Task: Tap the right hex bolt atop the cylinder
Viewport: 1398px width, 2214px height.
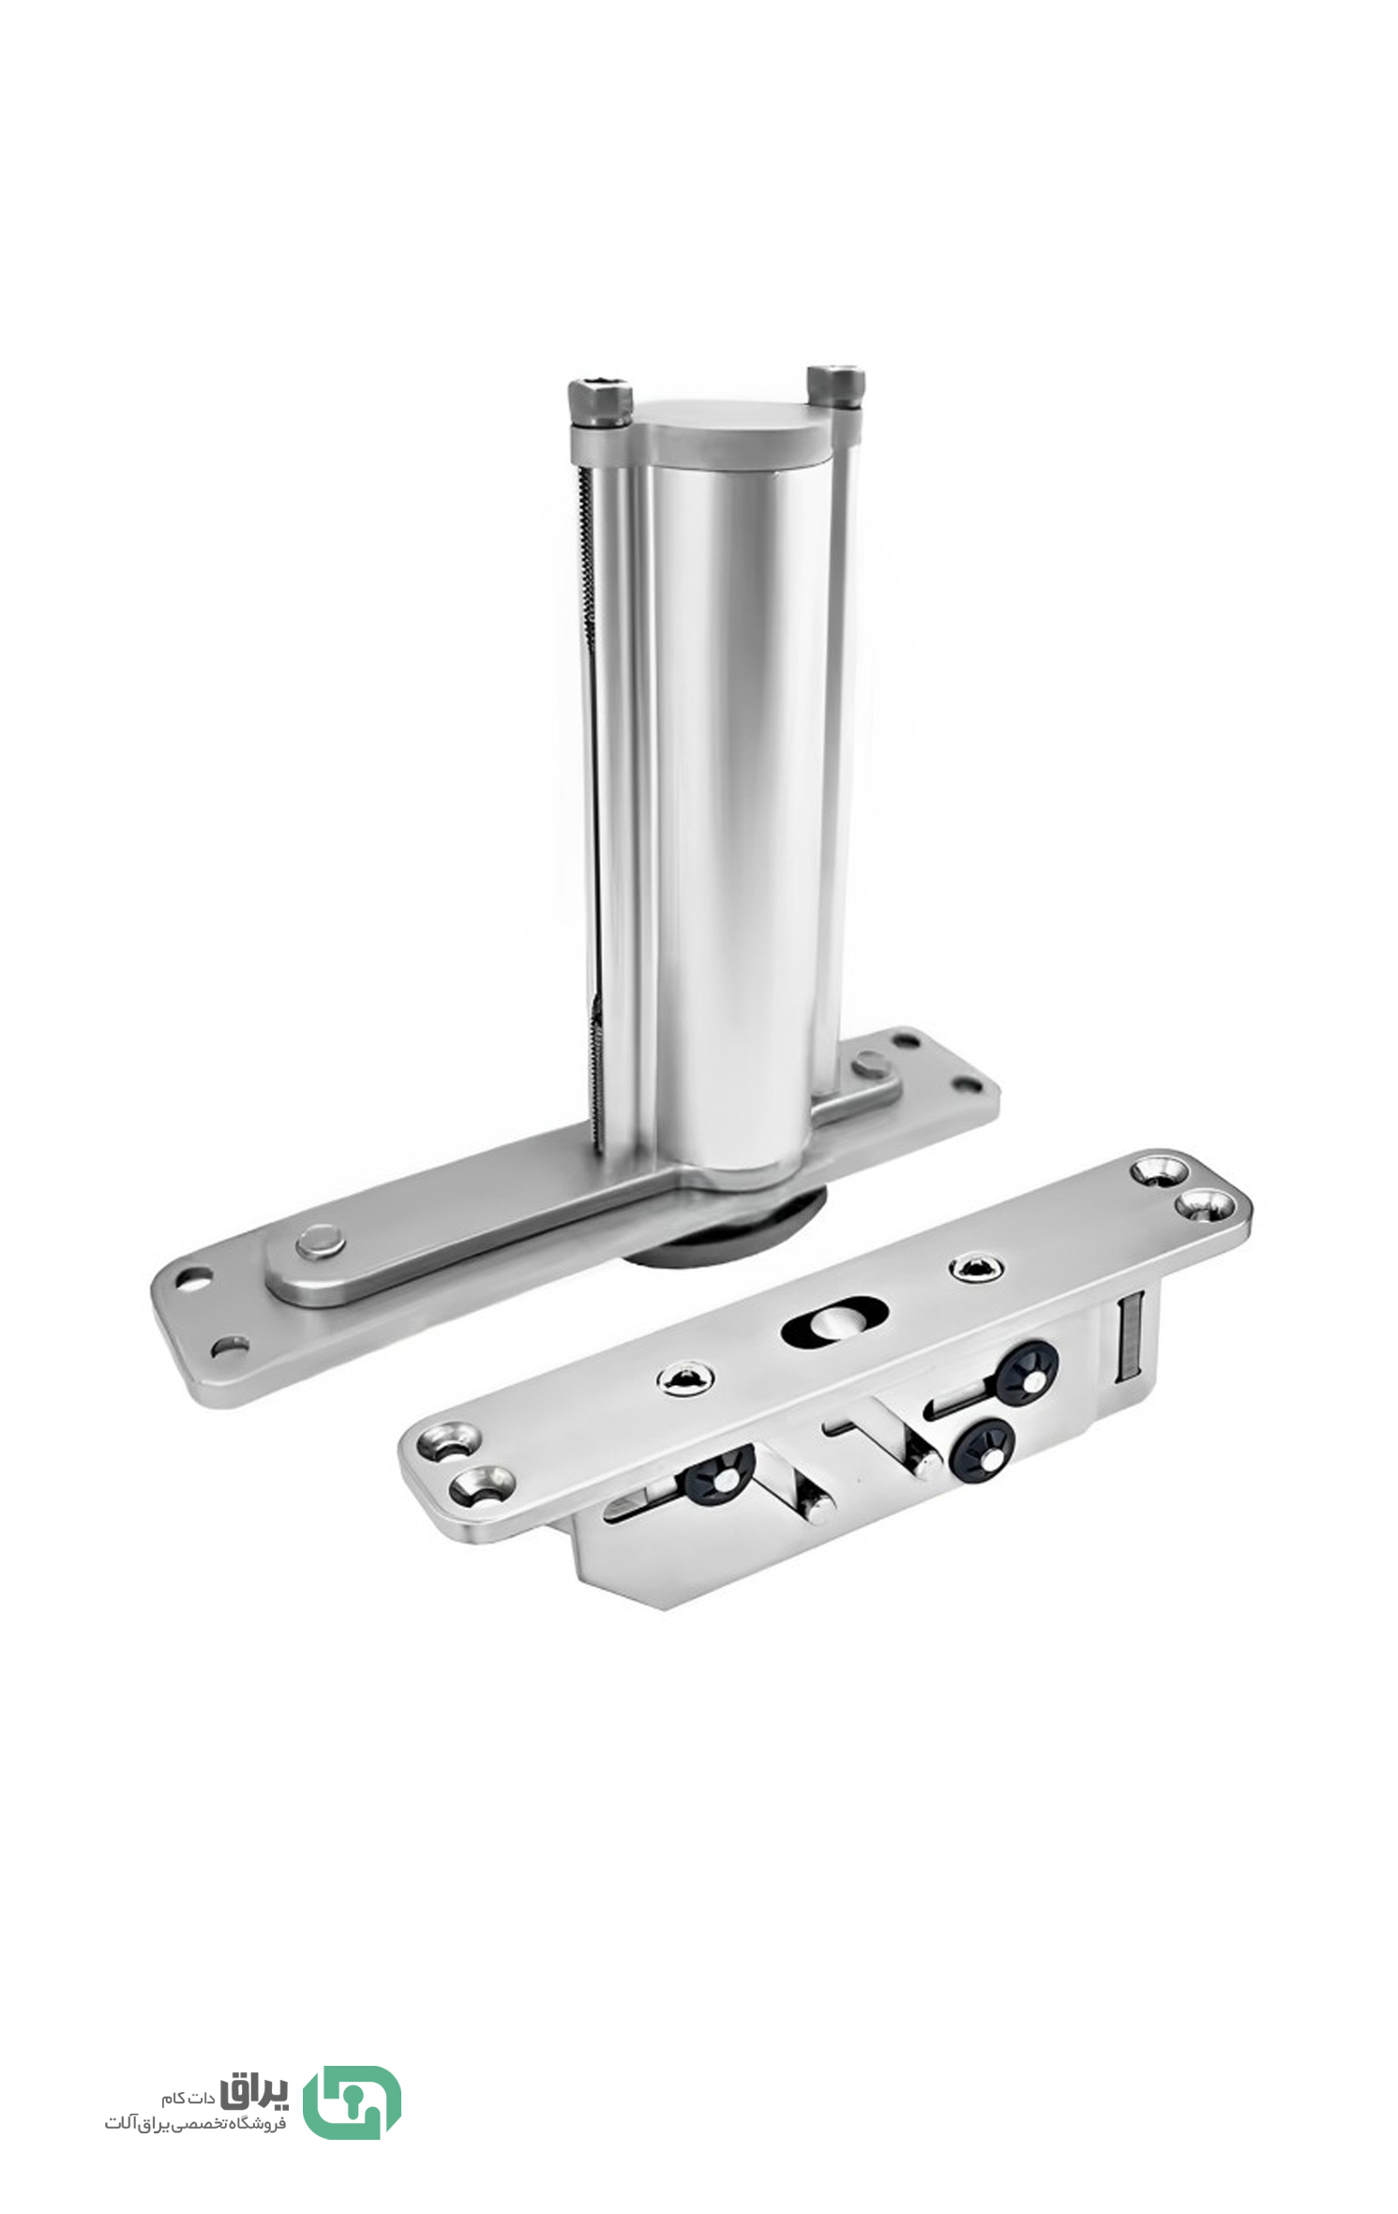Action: point(834,386)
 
